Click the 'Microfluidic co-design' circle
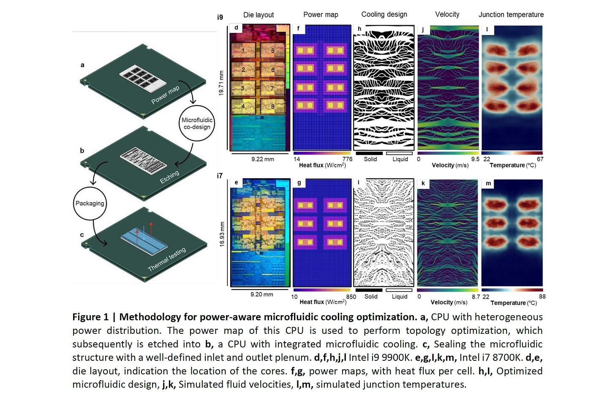click(x=197, y=123)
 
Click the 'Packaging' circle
click(x=90, y=203)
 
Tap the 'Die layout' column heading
click(x=259, y=15)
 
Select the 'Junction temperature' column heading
click(x=511, y=15)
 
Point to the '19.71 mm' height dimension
click(x=221, y=83)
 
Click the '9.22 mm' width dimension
click(x=262, y=159)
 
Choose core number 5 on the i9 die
click(x=272, y=51)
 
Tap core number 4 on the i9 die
click(x=243, y=106)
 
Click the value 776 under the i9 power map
click(x=347, y=159)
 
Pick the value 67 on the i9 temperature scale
click(x=540, y=159)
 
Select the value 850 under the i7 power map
click(x=351, y=297)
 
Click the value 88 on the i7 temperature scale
click(x=542, y=297)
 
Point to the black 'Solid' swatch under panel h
click(x=369, y=153)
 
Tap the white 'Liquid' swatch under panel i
click(x=399, y=290)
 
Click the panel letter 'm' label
click(x=488, y=183)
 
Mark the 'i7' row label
click(x=220, y=176)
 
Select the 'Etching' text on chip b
click(x=169, y=177)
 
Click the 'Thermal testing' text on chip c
click(x=166, y=259)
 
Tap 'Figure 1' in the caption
click(x=90, y=317)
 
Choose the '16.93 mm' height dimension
click(x=222, y=234)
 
